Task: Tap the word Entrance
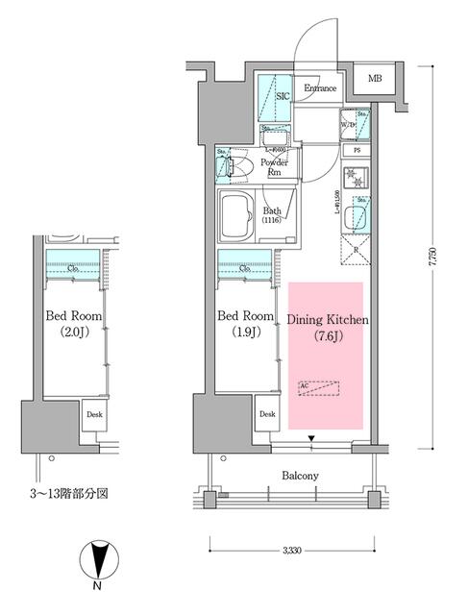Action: [x=320, y=90]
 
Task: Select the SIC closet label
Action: [x=283, y=97]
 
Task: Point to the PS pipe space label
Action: [x=357, y=151]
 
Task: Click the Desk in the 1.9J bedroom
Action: [x=267, y=415]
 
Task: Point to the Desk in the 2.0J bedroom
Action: [x=94, y=415]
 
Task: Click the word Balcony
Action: [x=301, y=476]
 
